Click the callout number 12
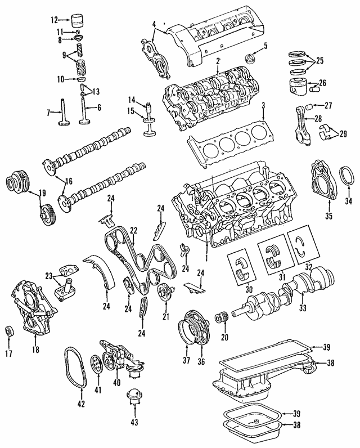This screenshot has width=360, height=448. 55,20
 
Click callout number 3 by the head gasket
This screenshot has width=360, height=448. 263,105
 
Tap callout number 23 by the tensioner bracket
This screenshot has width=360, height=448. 49,276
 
